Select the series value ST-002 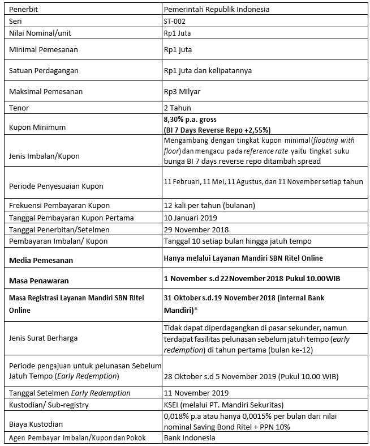174,21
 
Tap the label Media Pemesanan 42,261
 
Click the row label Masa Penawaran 37,280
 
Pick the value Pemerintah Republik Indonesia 217,10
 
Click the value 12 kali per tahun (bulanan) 208,205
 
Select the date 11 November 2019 196,393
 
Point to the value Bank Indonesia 190,438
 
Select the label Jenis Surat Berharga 44,337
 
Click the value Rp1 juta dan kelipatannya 208,71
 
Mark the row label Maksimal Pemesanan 46,92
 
